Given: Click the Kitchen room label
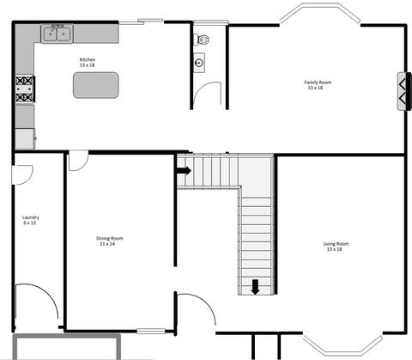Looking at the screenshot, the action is [x=88, y=59].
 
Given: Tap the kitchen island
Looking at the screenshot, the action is [x=96, y=85].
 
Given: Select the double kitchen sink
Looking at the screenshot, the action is [x=58, y=34].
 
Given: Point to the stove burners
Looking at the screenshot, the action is [x=25, y=89].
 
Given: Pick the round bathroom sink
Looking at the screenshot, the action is [x=199, y=63].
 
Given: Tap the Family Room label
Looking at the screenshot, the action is [x=318, y=82].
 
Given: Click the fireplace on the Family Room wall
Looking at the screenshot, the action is [x=404, y=91].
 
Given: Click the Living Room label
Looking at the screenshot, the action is [x=336, y=244].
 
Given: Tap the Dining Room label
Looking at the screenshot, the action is [x=110, y=238].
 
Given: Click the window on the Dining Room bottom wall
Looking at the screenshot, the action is [x=151, y=332].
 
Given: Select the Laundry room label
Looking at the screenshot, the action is [x=31, y=217].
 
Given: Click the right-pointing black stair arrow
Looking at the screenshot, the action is [x=184, y=171].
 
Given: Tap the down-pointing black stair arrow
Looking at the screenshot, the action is [x=255, y=287].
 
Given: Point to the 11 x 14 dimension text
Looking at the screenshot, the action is [x=107, y=244].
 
